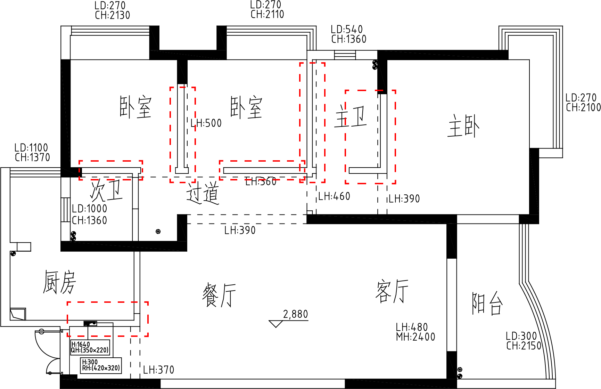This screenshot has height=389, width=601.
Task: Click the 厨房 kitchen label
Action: pyautogui.click(x=59, y=282)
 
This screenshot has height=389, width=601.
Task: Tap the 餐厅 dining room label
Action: pyautogui.click(x=219, y=295)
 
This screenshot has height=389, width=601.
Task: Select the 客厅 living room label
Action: pyautogui.click(x=392, y=291)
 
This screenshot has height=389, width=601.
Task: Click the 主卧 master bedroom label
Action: pyautogui.click(x=463, y=125)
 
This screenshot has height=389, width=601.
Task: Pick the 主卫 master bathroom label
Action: pyautogui.click(x=351, y=116)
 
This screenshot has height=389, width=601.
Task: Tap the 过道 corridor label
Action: pyautogui.click(x=203, y=193)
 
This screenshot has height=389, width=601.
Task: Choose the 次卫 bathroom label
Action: pyautogui.click(x=106, y=190)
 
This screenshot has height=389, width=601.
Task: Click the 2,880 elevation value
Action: pyautogui.click(x=295, y=314)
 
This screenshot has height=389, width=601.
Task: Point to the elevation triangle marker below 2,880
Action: pyautogui.click(x=276, y=324)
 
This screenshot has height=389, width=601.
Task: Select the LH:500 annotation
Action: pyautogui.click(x=206, y=123)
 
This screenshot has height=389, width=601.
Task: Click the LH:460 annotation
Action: pyautogui.click(x=334, y=196)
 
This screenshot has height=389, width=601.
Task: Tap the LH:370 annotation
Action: pyautogui.click(x=159, y=370)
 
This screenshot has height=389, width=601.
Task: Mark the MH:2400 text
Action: pyautogui.click(x=415, y=337)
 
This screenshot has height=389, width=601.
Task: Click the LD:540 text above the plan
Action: pyautogui.click(x=347, y=30)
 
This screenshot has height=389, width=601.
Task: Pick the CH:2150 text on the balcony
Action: pyautogui.click(x=524, y=346)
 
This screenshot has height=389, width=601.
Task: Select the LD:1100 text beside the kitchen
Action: pyautogui.click(x=31, y=148)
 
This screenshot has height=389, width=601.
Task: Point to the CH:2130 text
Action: pyautogui.click(x=113, y=15)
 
